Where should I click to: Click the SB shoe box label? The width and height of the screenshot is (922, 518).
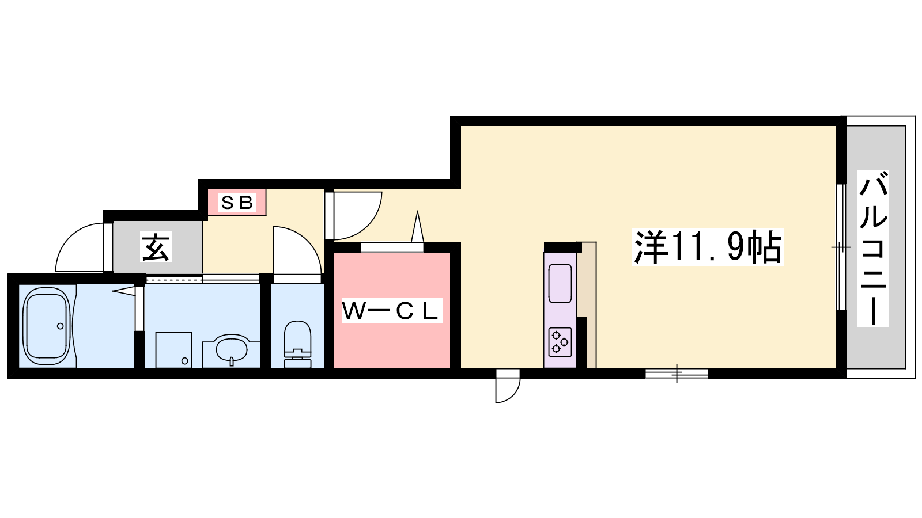point(237,202)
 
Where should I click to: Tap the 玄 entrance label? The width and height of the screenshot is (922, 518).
point(156,247)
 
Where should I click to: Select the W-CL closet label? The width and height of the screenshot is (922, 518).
point(392,310)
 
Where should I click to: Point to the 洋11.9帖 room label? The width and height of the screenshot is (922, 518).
point(708,247)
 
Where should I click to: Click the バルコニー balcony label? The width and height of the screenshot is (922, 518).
point(873,248)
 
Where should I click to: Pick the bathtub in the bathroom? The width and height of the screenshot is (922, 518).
point(47,326)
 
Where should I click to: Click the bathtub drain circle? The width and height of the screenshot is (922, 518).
point(60,326)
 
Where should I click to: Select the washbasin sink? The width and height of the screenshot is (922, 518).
point(231,349)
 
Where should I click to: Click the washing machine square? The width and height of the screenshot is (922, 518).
point(173,350)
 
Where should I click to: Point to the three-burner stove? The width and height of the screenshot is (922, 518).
point(560,342)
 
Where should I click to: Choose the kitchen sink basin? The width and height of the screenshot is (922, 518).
point(560,284)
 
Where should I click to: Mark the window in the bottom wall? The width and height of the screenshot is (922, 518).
point(677,374)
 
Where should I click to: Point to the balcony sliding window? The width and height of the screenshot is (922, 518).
point(841,247)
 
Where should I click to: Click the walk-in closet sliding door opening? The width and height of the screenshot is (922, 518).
point(392,247)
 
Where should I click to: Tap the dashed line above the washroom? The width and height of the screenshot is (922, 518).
point(174,280)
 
